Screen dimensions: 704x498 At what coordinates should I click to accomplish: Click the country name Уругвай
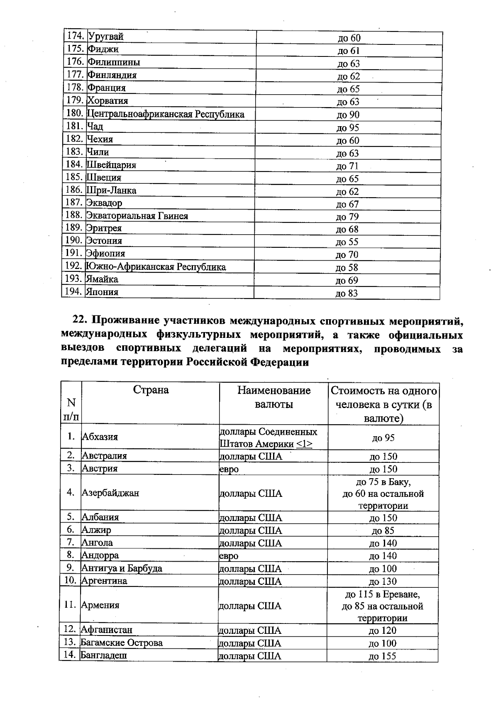(106, 37)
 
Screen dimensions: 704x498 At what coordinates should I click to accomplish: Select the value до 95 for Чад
(348, 127)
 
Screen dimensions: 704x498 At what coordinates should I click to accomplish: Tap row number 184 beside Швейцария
(75, 164)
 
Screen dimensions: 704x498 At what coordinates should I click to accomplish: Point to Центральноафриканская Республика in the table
(166, 114)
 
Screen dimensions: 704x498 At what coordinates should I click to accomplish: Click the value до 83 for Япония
(347, 293)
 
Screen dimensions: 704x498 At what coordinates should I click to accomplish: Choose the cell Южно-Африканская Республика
(156, 267)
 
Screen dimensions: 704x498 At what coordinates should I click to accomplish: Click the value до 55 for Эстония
(347, 242)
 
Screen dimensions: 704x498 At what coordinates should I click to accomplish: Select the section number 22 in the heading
(79, 321)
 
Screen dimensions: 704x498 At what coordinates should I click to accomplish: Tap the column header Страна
(151, 390)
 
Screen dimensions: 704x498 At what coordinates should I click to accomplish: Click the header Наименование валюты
(274, 397)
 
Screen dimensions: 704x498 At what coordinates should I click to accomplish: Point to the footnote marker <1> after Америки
(305, 444)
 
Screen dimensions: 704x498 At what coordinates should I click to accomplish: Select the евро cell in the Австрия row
(229, 469)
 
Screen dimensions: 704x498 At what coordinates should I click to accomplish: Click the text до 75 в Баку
(383, 482)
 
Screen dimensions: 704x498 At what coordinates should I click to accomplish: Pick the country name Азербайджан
(110, 493)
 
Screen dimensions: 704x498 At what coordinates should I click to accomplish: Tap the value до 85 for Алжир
(383, 530)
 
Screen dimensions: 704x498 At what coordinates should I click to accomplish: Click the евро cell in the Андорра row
(229, 556)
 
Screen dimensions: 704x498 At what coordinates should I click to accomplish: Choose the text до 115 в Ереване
(383, 594)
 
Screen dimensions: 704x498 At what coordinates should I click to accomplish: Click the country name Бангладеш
(104, 655)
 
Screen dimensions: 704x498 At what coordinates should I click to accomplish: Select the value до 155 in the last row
(382, 656)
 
